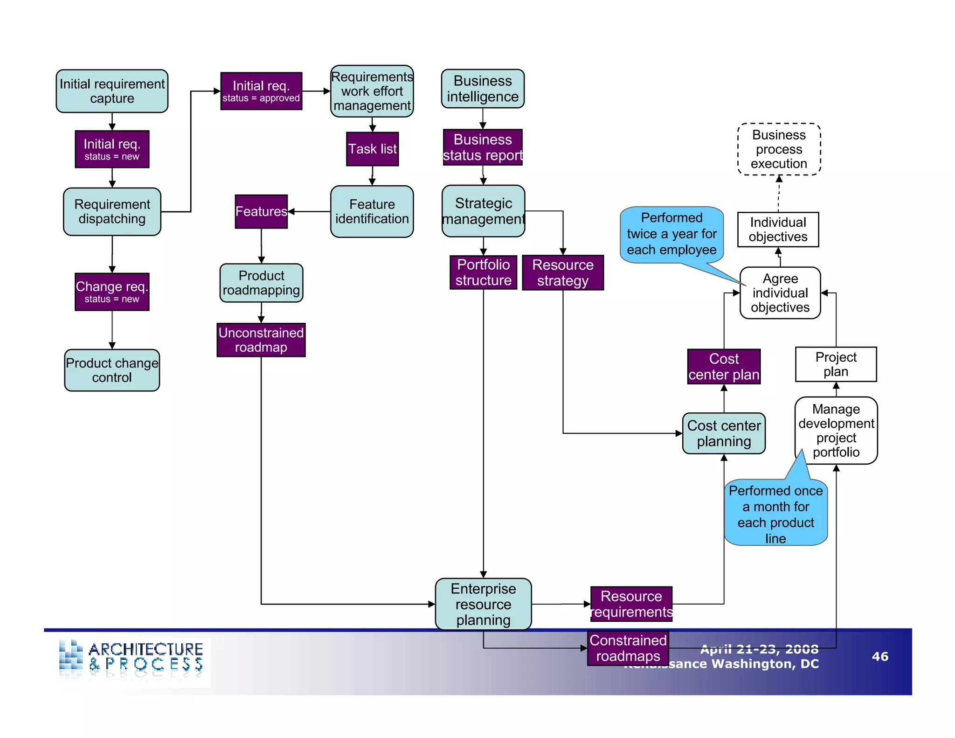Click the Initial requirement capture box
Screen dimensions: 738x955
click(112, 91)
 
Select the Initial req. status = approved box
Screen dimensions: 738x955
click(261, 91)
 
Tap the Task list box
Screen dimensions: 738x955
click(372, 149)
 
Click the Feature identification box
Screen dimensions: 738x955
click(372, 211)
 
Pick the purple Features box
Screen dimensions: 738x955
click(261, 211)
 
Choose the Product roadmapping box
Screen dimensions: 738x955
click(261, 283)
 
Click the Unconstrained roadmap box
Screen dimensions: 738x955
click(261, 340)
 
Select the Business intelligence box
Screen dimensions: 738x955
click(483, 89)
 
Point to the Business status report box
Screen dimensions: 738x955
click(483, 147)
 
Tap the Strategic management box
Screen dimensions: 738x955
click(484, 211)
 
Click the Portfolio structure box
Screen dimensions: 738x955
click(483, 272)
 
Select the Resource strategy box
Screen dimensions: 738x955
click(563, 272)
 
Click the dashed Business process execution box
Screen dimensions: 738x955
click(779, 149)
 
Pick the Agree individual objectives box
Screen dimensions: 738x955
click(780, 293)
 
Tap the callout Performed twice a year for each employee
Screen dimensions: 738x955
click(671, 234)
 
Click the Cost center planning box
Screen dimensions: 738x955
click(724, 433)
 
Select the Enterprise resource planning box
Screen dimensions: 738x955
click(483, 604)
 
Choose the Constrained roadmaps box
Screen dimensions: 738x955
click(628, 648)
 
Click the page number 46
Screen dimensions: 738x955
click(880, 656)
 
